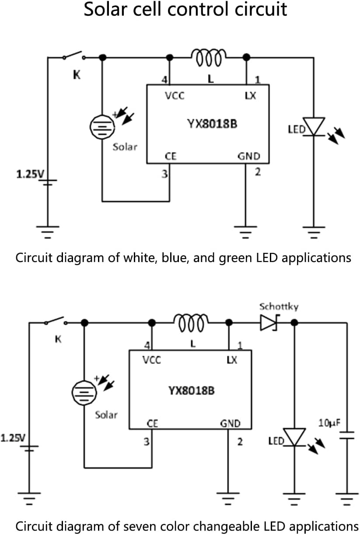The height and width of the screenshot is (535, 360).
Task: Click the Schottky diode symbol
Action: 269,323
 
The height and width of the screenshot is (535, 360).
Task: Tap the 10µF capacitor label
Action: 329,423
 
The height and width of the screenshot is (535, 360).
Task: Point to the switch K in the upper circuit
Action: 73,56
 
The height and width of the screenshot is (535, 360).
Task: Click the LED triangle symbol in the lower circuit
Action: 294,437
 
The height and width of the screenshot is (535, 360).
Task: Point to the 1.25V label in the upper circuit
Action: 30,175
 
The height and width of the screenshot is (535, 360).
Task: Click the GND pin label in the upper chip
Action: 248,156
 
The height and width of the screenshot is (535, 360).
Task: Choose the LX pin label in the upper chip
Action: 250,95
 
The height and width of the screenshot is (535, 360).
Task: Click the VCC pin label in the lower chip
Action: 151,360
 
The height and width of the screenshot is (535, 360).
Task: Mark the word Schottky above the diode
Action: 279,306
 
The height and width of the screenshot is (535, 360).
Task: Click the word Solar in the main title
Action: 108,9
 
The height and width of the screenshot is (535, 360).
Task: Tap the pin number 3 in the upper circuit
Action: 164,174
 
